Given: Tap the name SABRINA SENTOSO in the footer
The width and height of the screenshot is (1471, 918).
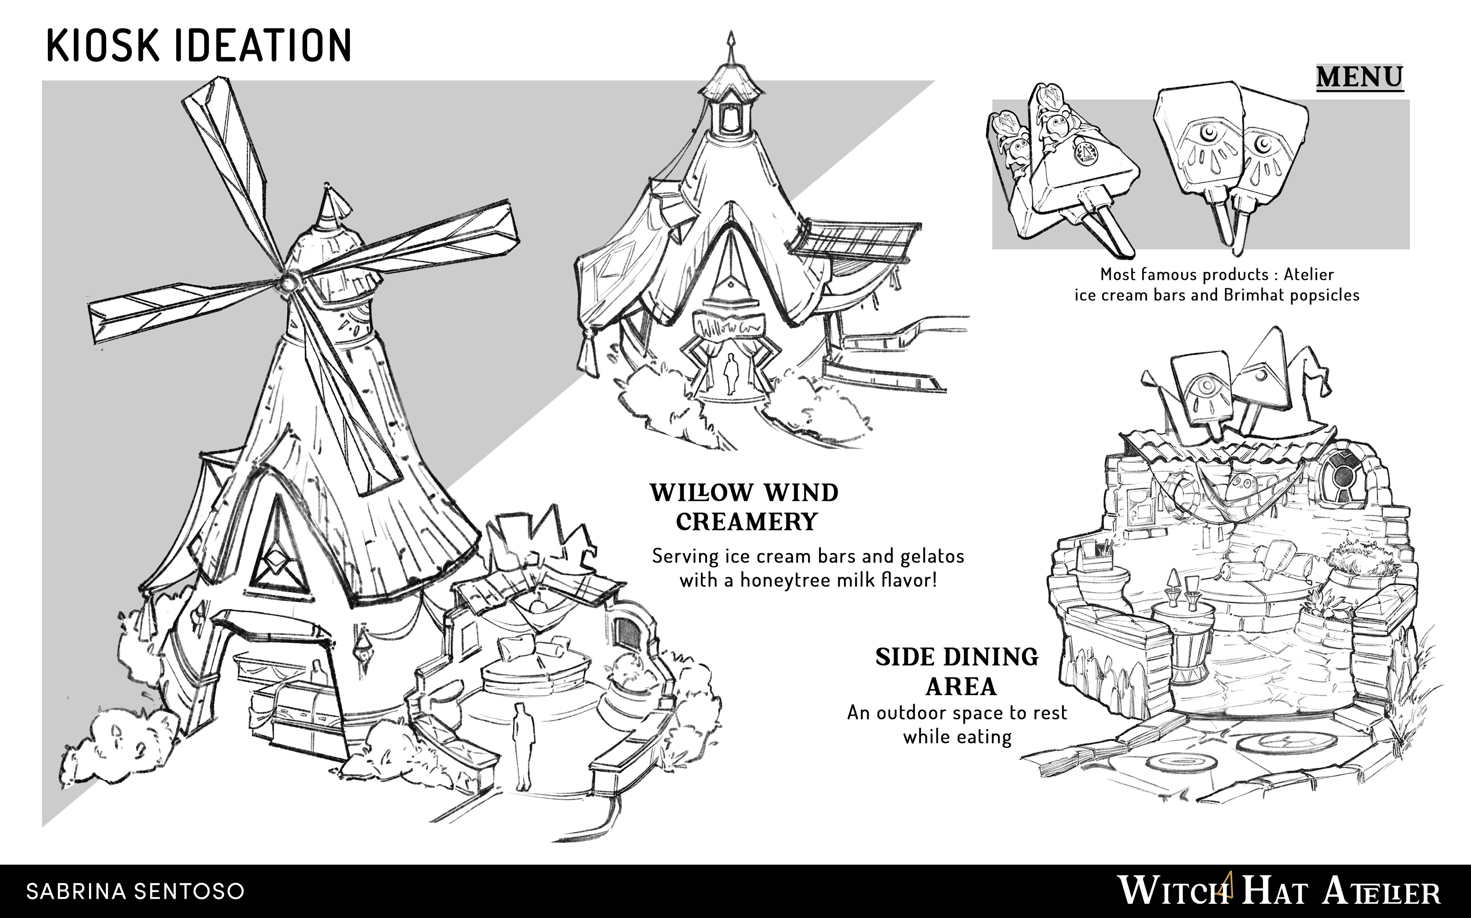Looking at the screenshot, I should tap(135, 891).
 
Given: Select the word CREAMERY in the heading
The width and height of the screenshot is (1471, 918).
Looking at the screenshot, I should tap(746, 522).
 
